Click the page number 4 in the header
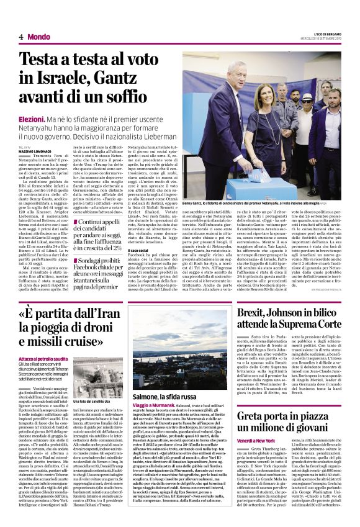(20, 37)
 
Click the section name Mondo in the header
(39, 37)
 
